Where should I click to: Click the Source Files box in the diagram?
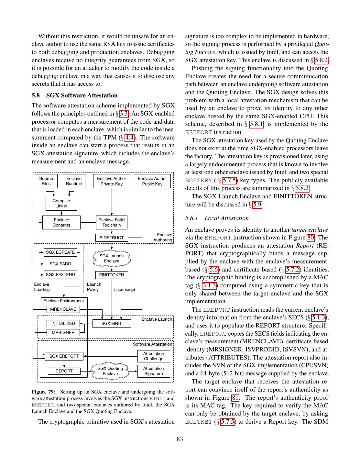click(46, 181)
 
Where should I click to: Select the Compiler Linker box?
click(61, 204)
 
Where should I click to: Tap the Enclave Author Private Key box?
click(112, 181)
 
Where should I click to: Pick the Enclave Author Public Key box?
click(152, 181)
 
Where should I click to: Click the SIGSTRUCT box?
click(112, 238)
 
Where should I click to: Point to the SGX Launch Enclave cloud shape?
click(112, 259)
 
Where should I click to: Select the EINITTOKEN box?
click(112, 275)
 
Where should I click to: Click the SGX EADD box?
click(60, 264)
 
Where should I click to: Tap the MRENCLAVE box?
click(63, 309)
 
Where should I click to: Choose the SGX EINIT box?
click(112, 324)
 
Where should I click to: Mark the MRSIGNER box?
click(63, 333)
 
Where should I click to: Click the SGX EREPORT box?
click(64, 356)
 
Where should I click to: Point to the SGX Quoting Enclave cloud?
click(110, 371)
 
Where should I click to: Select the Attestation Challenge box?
click(154, 356)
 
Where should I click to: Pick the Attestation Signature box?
click(154, 371)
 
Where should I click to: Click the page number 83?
click(180, 439)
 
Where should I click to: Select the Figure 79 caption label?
click(43, 392)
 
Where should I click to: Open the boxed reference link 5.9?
click(257, 205)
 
